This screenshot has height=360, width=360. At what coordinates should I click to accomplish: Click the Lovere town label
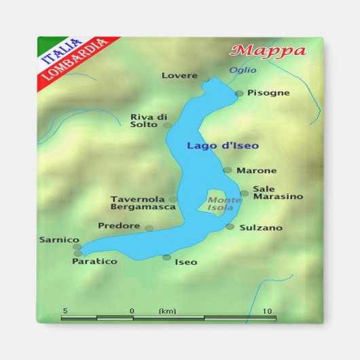tap(179, 75)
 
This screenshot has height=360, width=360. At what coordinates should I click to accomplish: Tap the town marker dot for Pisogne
tap(239, 94)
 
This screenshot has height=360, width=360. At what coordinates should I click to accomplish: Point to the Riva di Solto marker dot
tap(167, 125)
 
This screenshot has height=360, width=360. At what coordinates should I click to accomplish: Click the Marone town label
tap(256, 170)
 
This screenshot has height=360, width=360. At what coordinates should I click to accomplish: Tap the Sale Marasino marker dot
tap(245, 193)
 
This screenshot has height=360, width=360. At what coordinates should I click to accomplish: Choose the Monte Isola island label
tap(224, 204)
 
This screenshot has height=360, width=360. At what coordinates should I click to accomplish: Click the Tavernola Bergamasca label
tap(138, 203)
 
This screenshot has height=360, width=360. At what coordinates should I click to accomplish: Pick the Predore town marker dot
tap(149, 228)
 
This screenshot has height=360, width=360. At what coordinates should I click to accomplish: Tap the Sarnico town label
tap(59, 240)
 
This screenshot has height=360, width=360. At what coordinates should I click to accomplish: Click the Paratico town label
tap(94, 262)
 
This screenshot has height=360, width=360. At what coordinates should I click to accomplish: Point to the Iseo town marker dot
tap(166, 257)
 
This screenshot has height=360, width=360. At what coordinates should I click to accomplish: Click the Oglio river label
tap(242, 70)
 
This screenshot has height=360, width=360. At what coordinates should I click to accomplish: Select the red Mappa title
tap(268, 51)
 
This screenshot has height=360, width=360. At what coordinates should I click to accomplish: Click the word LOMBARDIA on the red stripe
tap(75, 59)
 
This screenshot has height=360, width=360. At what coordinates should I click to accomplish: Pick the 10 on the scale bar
tap(268, 310)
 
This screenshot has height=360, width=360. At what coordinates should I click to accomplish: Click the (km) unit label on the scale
tap(167, 311)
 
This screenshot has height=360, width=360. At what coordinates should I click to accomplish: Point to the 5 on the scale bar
tap(65, 310)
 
